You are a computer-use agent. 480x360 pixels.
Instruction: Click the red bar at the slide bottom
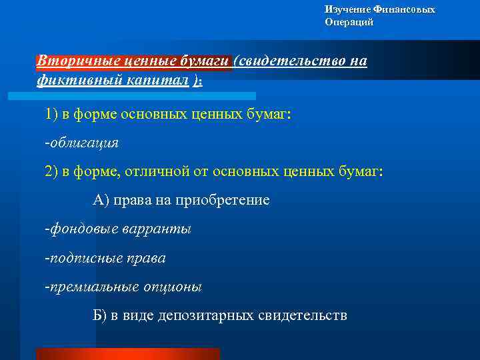click(127, 353)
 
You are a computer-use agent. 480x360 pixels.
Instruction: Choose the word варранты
click(157, 229)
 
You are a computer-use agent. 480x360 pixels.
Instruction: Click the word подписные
click(83, 257)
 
